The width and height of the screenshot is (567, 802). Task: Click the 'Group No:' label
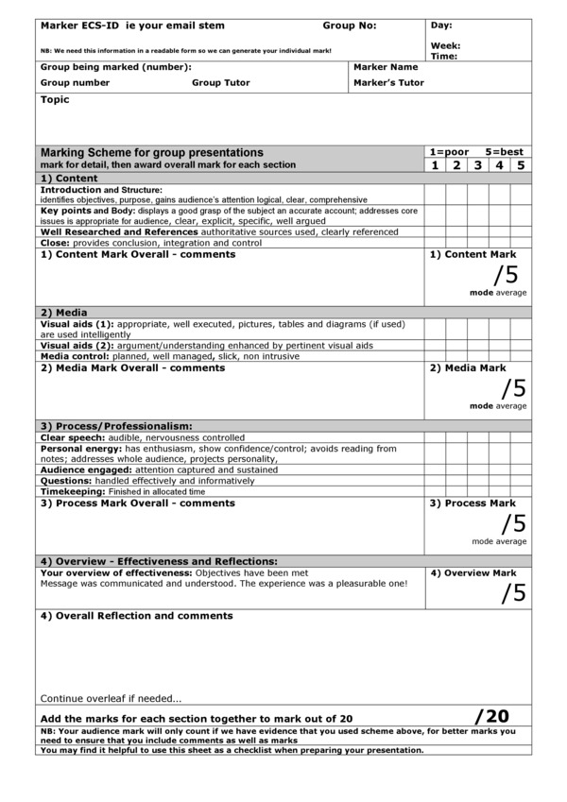pyautogui.click(x=350, y=26)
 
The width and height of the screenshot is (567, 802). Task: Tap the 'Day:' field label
pyautogui.click(x=441, y=25)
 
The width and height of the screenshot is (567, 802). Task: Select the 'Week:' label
pyautogui.click(x=445, y=45)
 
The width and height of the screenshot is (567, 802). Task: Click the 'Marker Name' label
pyautogui.click(x=386, y=67)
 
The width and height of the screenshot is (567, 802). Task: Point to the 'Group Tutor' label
pyautogui.click(x=221, y=82)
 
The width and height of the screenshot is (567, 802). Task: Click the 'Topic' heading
pyautogui.click(x=55, y=99)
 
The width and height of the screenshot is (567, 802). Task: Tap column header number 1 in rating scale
pyautogui.click(x=435, y=165)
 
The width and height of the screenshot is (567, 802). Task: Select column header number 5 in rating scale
pyautogui.click(x=520, y=165)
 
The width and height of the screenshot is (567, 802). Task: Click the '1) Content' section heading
pyautogui.click(x=69, y=178)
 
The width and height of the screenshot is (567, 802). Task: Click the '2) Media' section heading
pyautogui.click(x=64, y=311)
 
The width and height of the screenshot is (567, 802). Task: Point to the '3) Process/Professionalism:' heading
pyautogui.click(x=116, y=425)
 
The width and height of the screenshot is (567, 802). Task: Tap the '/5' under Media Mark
pyautogui.click(x=513, y=387)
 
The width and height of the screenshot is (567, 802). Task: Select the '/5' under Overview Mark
pyautogui.click(x=513, y=592)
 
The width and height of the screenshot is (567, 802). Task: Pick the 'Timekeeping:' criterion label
pyautogui.click(x=73, y=492)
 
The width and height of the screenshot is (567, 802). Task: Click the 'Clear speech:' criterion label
pyautogui.click(x=74, y=438)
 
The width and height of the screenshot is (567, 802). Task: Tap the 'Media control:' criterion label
pyautogui.click(x=76, y=356)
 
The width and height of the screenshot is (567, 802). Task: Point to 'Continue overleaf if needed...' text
pyautogui.click(x=111, y=699)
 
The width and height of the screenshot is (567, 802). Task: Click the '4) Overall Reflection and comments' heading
pyautogui.click(x=136, y=616)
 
